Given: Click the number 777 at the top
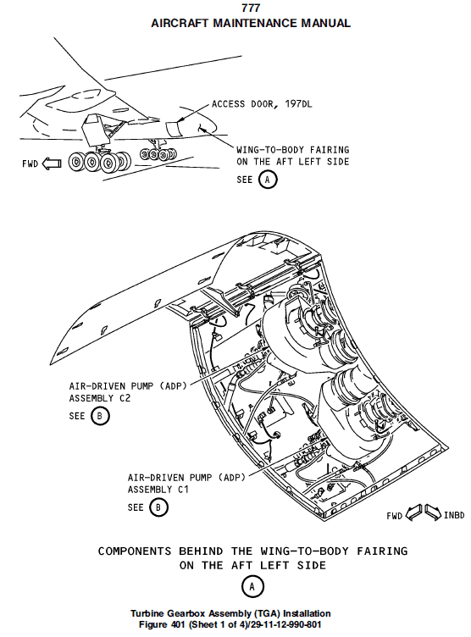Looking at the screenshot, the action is tap(251, 8).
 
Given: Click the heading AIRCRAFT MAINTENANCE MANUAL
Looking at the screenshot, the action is tap(251, 23).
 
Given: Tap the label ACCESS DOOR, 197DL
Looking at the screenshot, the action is tap(262, 104).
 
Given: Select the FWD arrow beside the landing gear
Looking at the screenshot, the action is tap(52, 163).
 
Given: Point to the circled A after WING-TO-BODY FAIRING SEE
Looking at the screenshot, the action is tap(268, 180).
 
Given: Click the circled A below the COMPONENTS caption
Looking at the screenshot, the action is tap(252, 587).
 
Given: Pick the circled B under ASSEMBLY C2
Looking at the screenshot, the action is tap(100, 416).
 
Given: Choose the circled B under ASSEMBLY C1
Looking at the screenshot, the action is tap(158, 507).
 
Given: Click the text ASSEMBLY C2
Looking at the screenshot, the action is tap(100, 398).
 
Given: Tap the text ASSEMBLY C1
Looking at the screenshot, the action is tap(158, 490).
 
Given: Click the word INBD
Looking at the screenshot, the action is tap(454, 515).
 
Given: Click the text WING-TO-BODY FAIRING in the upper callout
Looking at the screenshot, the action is tap(292, 150).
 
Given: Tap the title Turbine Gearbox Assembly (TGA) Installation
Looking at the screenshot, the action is tap(230, 613).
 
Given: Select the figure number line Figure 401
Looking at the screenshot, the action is tap(230, 624).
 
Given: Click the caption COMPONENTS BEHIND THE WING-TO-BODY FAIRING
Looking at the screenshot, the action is tap(252, 551).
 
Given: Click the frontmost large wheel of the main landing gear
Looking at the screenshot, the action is tap(76, 163).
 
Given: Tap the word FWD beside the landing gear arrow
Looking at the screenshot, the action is tap(30, 164).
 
